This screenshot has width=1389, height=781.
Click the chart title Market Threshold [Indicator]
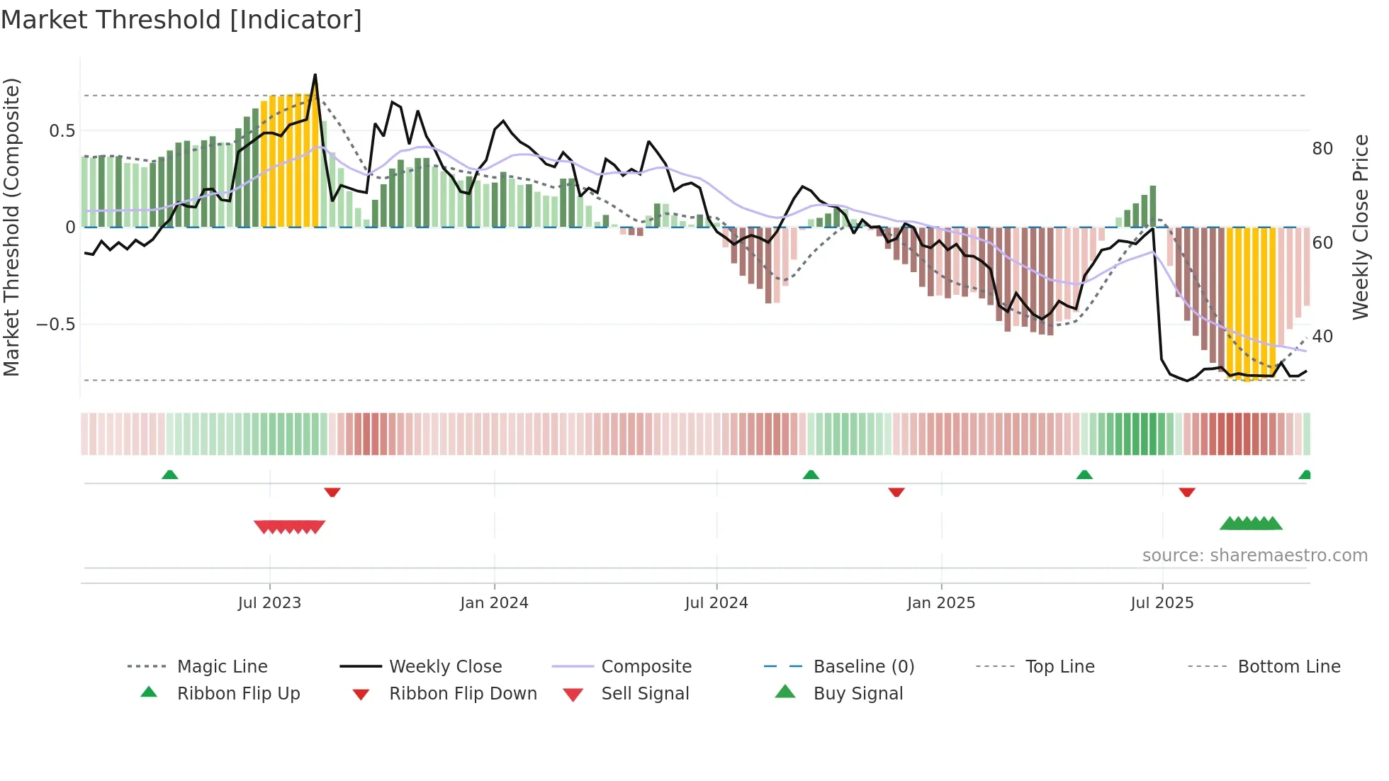[181, 20]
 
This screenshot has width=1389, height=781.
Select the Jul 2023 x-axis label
[269, 603]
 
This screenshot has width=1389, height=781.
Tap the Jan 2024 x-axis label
[494, 603]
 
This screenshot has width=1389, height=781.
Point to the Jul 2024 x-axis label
[716, 603]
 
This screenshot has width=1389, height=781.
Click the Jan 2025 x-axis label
[941, 603]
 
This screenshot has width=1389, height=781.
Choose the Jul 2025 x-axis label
[1162, 603]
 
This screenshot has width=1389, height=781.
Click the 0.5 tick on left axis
[62, 131]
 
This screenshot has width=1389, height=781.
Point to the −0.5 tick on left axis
[56, 325]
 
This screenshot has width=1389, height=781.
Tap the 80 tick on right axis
[1322, 149]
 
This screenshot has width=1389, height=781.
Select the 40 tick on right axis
[1322, 337]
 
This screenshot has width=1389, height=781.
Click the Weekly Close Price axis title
[1360, 227]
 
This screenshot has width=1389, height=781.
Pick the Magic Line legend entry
[222, 667]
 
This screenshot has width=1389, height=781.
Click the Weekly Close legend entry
[445, 667]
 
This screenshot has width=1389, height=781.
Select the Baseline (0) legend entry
[863, 667]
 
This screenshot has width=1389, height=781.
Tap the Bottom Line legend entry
[1288, 667]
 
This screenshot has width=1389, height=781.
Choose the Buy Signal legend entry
[857, 694]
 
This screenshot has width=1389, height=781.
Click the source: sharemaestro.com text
[1254, 556]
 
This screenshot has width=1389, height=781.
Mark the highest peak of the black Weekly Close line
[315, 75]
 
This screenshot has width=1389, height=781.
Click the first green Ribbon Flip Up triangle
[169, 475]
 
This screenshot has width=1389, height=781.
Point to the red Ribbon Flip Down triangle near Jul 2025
[1187, 492]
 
